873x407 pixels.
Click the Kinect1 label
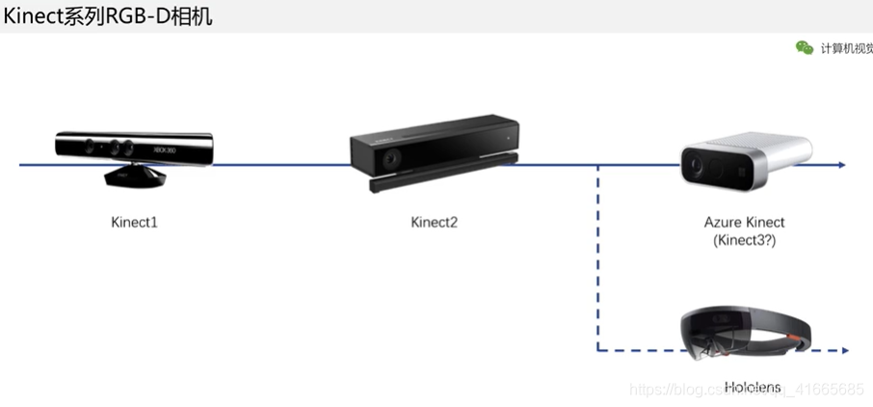click(x=134, y=223)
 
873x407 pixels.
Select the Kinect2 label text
click(x=434, y=223)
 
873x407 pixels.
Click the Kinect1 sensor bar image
click(x=134, y=147)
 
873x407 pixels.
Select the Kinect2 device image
click(x=433, y=153)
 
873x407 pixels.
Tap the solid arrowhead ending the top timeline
click(x=842, y=165)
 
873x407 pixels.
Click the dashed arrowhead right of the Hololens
click(x=843, y=350)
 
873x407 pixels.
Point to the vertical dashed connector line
click(x=598, y=260)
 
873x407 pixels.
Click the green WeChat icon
click(x=804, y=48)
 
